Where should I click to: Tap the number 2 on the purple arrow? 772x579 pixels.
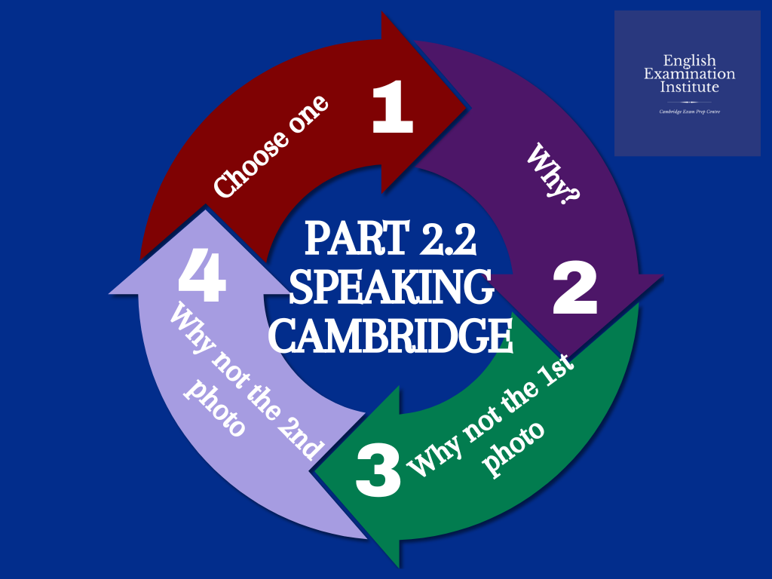[x=574, y=290]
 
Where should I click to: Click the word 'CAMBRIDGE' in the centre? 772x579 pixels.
[x=391, y=337]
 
